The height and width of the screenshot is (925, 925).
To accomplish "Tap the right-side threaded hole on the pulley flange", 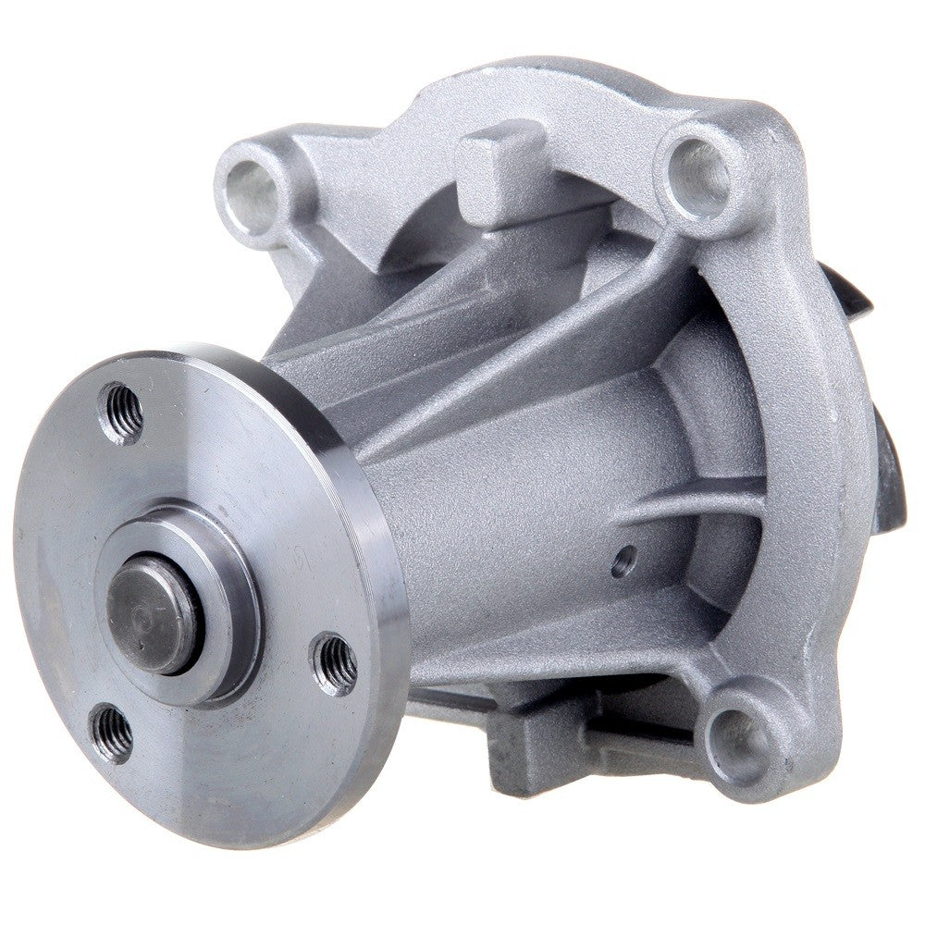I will [337, 662].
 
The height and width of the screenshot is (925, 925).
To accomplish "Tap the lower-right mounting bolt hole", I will [739, 741].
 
